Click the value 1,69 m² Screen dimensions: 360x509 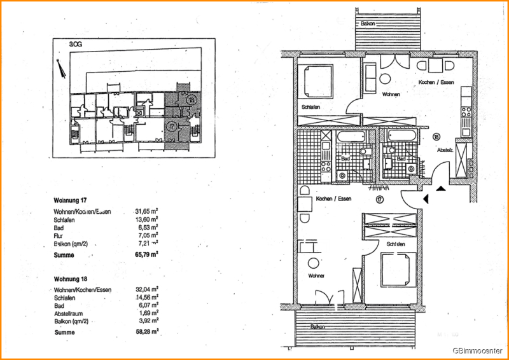click(x=148, y=313)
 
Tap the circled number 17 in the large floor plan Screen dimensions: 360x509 click(x=379, y=200)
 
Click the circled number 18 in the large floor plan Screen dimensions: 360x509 click(x=436, y=137)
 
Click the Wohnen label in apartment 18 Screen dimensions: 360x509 click(x=390, y=93)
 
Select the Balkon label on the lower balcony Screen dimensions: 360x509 click(x=319, y=327)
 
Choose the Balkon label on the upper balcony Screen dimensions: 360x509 click(x=368, y=24)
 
